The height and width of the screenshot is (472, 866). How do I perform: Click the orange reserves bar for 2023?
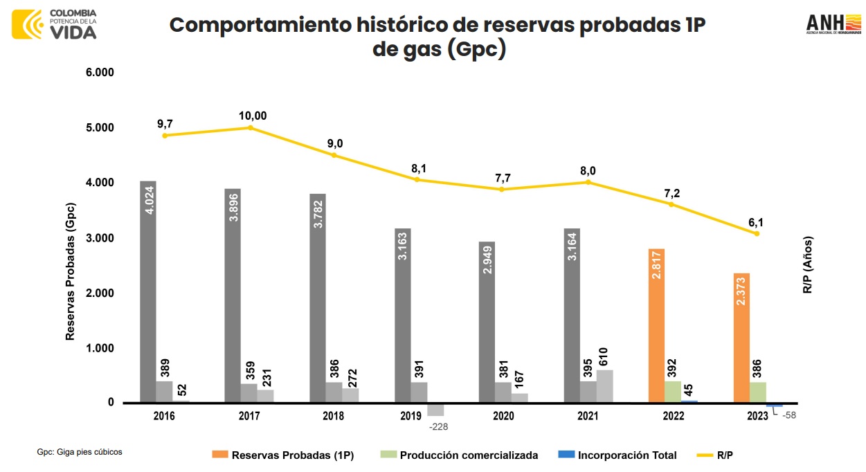coord(741,338)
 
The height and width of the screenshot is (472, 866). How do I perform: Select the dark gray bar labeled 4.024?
coord(148,291)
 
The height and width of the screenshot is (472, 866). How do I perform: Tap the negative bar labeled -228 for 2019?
coord(435,409)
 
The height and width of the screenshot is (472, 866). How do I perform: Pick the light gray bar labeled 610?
coord(604,386)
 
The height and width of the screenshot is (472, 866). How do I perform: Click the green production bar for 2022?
coord(673,392)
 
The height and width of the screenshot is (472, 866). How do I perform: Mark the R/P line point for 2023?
coord(757,233)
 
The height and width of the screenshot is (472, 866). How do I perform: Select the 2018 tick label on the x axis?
coord(334,416)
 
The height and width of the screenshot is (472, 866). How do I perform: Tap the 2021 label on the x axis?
coord(588,416)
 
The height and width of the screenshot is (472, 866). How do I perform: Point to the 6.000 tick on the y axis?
coord(100,73)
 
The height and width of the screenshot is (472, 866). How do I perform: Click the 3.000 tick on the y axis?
coord(100,238)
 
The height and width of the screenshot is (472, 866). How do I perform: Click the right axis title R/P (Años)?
coord(807,265)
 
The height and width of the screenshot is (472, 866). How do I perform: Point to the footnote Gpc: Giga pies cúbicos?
coord(80,452)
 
